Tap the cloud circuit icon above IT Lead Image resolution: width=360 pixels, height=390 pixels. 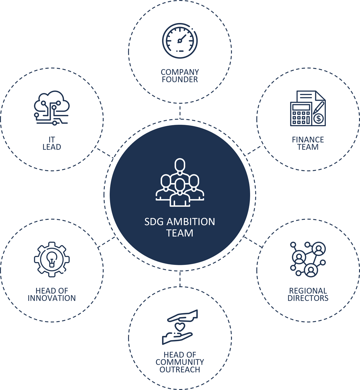pyautogui.click(x=52, y=108)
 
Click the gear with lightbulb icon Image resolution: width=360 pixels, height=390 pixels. pyautogui.click(x=52, y=259)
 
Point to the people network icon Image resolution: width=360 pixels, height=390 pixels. pyautogui.click(x=308, y=259)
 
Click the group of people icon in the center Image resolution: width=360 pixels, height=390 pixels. pyautogui.click(x=180, y=183)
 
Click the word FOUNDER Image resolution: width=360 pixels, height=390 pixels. pyautogui.click(x=180, y=80)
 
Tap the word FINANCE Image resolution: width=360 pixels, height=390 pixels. pyautogui.click(x=308, y=140)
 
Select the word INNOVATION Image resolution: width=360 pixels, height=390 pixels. pyautogui.click(x=52, y=298)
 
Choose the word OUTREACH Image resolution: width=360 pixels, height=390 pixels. pyautogui.click(x=180, y=370)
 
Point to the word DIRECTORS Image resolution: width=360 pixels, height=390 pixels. pyautogui.click(x=308, y=298)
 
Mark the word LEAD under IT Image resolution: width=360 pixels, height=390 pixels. pyautogui.click(x=52, y=147)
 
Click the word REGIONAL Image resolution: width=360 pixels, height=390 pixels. pyautogui.click(x=308, y=291)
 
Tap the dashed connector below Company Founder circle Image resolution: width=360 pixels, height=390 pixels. pyautogui.click(x=180, y=111)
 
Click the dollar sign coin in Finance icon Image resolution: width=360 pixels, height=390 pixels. pyautogui.click(x=319, y=118)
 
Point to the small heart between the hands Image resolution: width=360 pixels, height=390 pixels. pyautogui.click(x=180, y=327)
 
